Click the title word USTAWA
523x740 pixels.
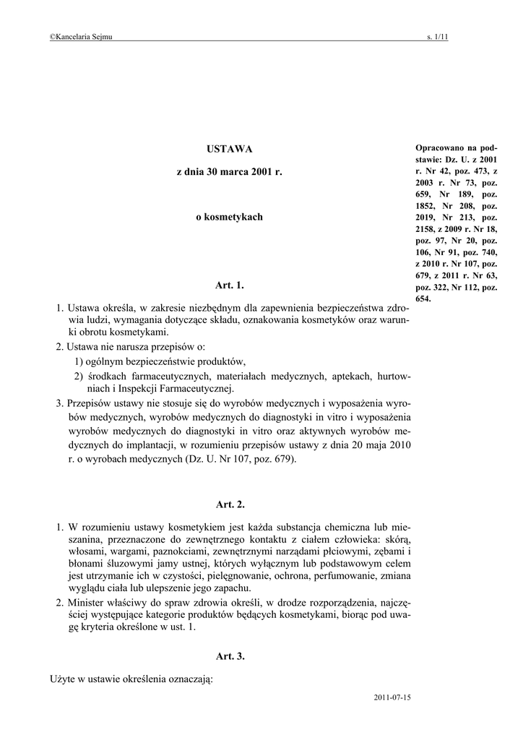pos(230,149)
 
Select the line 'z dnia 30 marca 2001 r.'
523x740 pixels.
pos(229,174)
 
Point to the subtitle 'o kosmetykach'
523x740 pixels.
pos(230,216)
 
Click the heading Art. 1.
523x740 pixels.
pos(230,285)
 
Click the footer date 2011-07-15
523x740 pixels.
pos(392,698)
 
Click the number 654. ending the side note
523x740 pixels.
pos(424,298)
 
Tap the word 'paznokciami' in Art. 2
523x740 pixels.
pos(157,551)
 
